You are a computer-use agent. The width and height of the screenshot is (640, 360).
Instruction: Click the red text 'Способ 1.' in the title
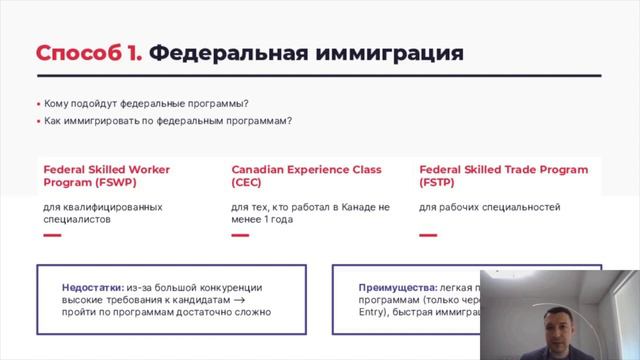click(89, 53)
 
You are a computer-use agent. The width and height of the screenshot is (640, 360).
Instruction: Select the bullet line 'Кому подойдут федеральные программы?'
click(146, 104)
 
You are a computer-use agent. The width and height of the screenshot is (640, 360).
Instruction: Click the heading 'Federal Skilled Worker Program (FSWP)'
click(106, 176)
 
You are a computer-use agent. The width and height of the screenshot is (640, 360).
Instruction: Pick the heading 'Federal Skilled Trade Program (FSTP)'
click(503, 176)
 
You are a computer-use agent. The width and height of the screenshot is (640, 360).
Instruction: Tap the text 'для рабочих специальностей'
click(489, 207)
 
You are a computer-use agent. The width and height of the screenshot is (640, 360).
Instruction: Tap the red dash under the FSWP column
click(52, 236)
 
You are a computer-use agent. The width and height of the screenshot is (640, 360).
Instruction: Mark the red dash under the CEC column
click(240, 236)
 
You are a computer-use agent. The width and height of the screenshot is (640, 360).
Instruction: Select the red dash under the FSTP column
click(428, 236)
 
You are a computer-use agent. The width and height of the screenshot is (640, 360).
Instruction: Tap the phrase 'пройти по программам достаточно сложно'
click(166, 312)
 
